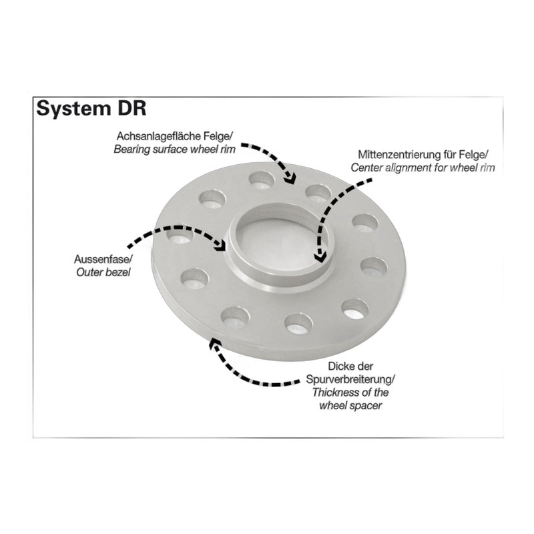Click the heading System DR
pyautogui.click(x=91, y=109)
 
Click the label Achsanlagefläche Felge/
pyautogui.click(x=175, y=136)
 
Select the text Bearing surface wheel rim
pyautogui.click(x=175, y=150)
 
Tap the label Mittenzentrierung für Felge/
pyautogui.click(x=423, y=155)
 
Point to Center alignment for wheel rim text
pyautogui.click(x=423, y=168)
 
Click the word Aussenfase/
pyautogui.click(x=103, y=259)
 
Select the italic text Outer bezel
pyautogui.click(x=103, y=272)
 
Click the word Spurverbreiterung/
pyautogui.click(x=351, y=379)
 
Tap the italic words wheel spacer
pyautogui.click(x=351, y=406)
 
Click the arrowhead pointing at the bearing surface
pyautogui.click(x=290, y=178)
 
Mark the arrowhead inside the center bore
pyautogui.click(x=320, y=256)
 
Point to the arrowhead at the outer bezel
pyautogui.click(x=221, y=244)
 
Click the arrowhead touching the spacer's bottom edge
pyautogui.click(x=214, y=344)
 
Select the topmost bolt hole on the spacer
pyautogui.click(x=261, y=179)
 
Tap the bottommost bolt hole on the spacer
pyautogui.click(x=298, y=323)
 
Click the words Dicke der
pyautogui.click(x=351, y=366)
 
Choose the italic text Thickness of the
pyautogui.click(x=350, y=392)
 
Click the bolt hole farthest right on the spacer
pyautogui.click(x=374, y=267)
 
